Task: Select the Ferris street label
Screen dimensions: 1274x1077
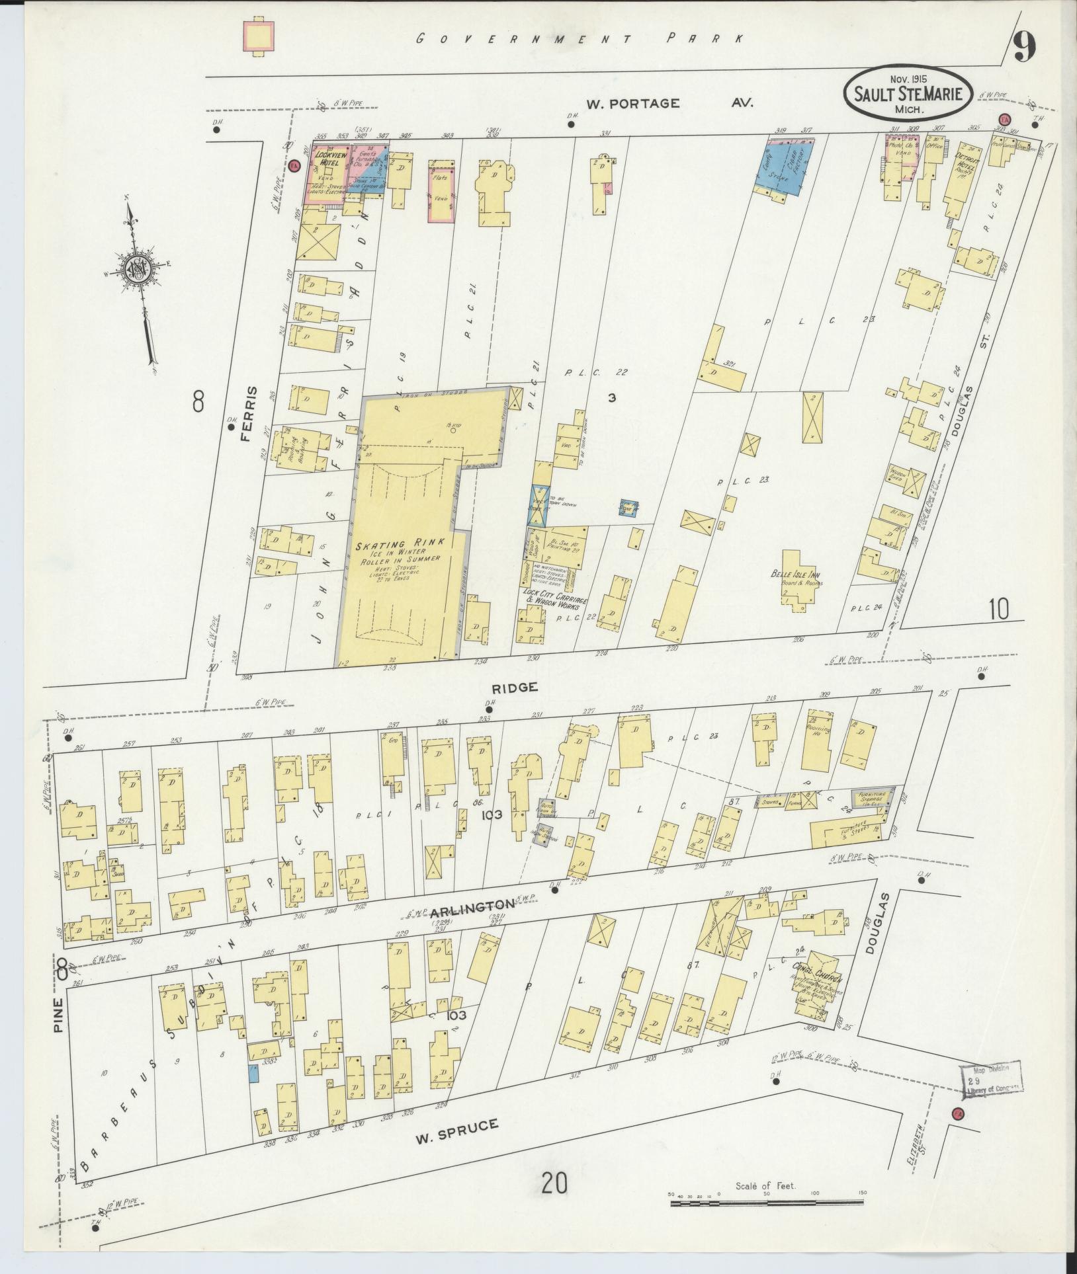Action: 251,413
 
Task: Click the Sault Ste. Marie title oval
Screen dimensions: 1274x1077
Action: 908,96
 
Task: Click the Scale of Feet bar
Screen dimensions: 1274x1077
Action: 767,1202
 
